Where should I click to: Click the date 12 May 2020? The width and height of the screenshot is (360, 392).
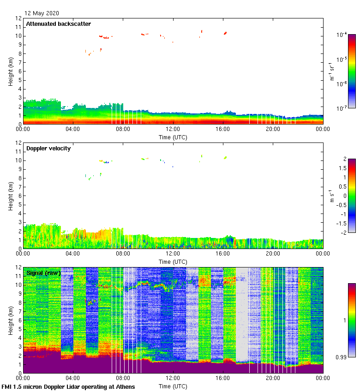coord(42,13)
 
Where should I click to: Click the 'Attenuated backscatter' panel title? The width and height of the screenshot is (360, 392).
coord(58,24)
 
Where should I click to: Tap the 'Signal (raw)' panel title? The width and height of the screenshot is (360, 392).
coord(44,273)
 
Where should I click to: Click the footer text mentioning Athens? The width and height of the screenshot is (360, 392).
coord(68,386)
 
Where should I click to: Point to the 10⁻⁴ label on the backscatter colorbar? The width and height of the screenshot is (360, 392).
coord(342,35)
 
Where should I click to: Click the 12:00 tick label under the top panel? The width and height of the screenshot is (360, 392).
coord(173,129)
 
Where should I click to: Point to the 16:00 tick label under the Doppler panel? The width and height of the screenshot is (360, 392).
coord(223,254)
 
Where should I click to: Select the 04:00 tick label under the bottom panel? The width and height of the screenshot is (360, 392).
coord(73,378)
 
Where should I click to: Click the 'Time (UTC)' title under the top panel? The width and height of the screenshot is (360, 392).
coord(173,137)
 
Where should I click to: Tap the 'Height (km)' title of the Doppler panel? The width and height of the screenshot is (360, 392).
coord(11,196)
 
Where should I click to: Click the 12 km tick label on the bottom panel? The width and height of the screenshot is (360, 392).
coord(18,267)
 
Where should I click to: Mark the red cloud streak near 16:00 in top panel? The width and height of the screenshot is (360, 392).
coord(225,33)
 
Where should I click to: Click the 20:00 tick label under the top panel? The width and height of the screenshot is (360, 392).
coord(273,129)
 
